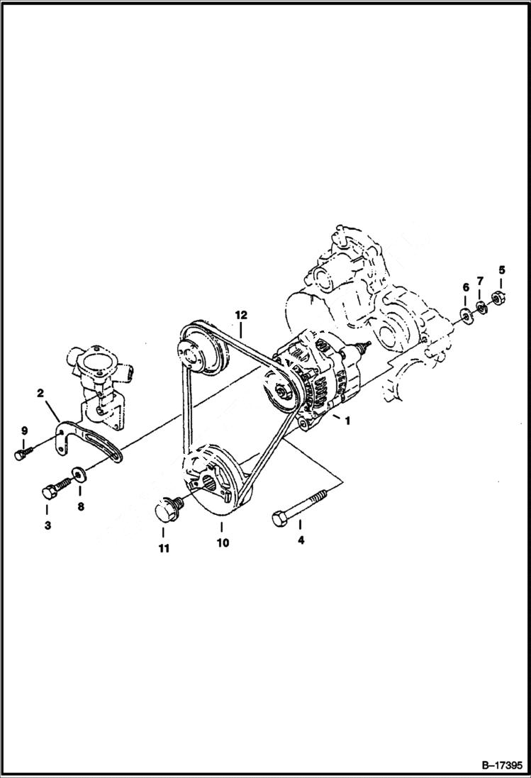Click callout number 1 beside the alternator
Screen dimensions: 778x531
click(347, 421)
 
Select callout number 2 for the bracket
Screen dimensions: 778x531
click(41, 392)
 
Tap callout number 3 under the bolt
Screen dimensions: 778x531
click(47, 526)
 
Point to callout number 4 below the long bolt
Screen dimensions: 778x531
click(300, 540)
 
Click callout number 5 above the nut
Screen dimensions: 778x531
click(501, 269)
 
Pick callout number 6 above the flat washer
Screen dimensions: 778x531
click(466, 287)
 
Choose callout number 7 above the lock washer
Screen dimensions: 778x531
click(480, 282)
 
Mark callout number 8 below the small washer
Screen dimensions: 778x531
click(80, 507)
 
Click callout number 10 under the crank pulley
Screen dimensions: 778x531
click(223, 543)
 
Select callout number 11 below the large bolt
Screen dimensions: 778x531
click(164, 548)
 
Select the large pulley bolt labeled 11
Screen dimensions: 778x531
click(168, 510)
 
